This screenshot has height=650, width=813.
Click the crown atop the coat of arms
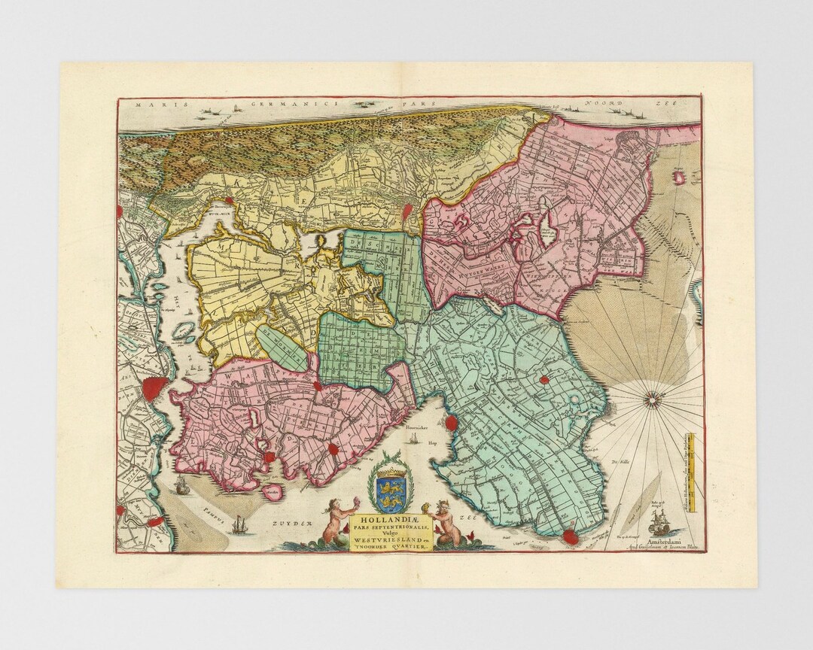coord(391,473)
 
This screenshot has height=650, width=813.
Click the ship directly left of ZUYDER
coord(239,524)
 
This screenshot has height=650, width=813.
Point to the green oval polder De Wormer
coord(282,347)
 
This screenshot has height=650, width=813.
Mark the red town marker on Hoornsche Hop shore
coord(451,422)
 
